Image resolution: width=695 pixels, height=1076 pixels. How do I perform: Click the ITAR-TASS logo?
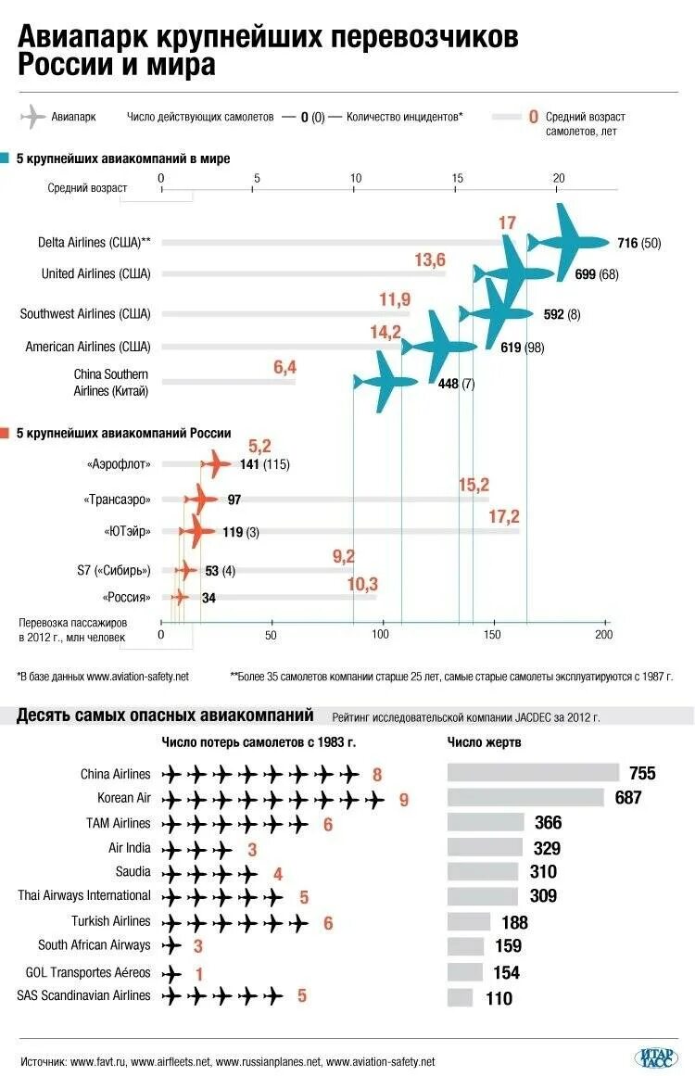point(656,1057)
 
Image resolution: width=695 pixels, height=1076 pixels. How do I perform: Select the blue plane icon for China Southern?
point(385,381)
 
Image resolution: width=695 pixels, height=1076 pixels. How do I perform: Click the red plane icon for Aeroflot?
point(217,463)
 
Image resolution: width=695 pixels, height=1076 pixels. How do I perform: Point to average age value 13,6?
point(429,260)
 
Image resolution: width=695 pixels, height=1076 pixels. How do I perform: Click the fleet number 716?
point(627,243)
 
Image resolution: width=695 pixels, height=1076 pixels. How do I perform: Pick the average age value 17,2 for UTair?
point(504,516)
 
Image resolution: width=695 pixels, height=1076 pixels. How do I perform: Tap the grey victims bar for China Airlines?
point(533,772)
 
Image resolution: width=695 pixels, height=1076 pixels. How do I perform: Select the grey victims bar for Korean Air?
point(525,797)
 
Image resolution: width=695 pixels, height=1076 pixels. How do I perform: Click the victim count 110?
point(498,998)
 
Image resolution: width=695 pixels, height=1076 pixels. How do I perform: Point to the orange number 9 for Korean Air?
point(404,799)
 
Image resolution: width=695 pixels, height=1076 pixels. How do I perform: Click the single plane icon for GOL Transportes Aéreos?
point(171,974)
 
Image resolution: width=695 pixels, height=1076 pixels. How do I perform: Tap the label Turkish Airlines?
point(110,921)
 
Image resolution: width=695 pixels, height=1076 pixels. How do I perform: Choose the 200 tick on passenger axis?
point(604,634)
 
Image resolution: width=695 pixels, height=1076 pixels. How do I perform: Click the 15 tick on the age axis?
point(458,178)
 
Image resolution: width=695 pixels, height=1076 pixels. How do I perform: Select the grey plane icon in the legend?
point(32,118)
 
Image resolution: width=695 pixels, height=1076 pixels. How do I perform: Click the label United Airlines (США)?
point(95,273)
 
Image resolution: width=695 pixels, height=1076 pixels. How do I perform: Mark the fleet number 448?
point(449,384)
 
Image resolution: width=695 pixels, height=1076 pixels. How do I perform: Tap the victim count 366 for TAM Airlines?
point(548,822)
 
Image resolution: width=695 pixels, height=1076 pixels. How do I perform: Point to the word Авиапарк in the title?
point(82,37)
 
